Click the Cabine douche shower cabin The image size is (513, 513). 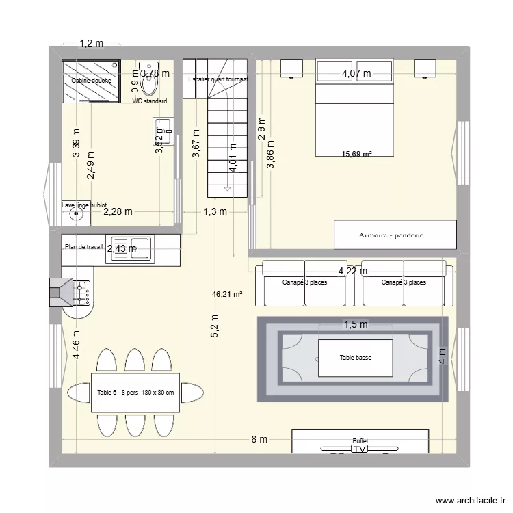(x=92, y=81)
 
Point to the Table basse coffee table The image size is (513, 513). (x=355, y=358)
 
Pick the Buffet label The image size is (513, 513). (x=360, y=441)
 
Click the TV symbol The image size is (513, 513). (x=360, y=450)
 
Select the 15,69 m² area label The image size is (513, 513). (x=356, y=155)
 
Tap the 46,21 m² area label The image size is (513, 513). (x=228, y=295)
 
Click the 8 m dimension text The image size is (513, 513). (x=259, y=440)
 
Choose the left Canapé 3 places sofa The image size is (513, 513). (x=304, y=282)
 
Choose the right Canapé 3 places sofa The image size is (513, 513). (x=404, y=282)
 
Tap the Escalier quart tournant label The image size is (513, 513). (x=218, y=79)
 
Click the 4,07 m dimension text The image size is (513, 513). (x=356, y=73)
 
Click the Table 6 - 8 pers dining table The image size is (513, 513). (x=135, y=393)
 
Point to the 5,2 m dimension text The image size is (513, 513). (x=215, y=326)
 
